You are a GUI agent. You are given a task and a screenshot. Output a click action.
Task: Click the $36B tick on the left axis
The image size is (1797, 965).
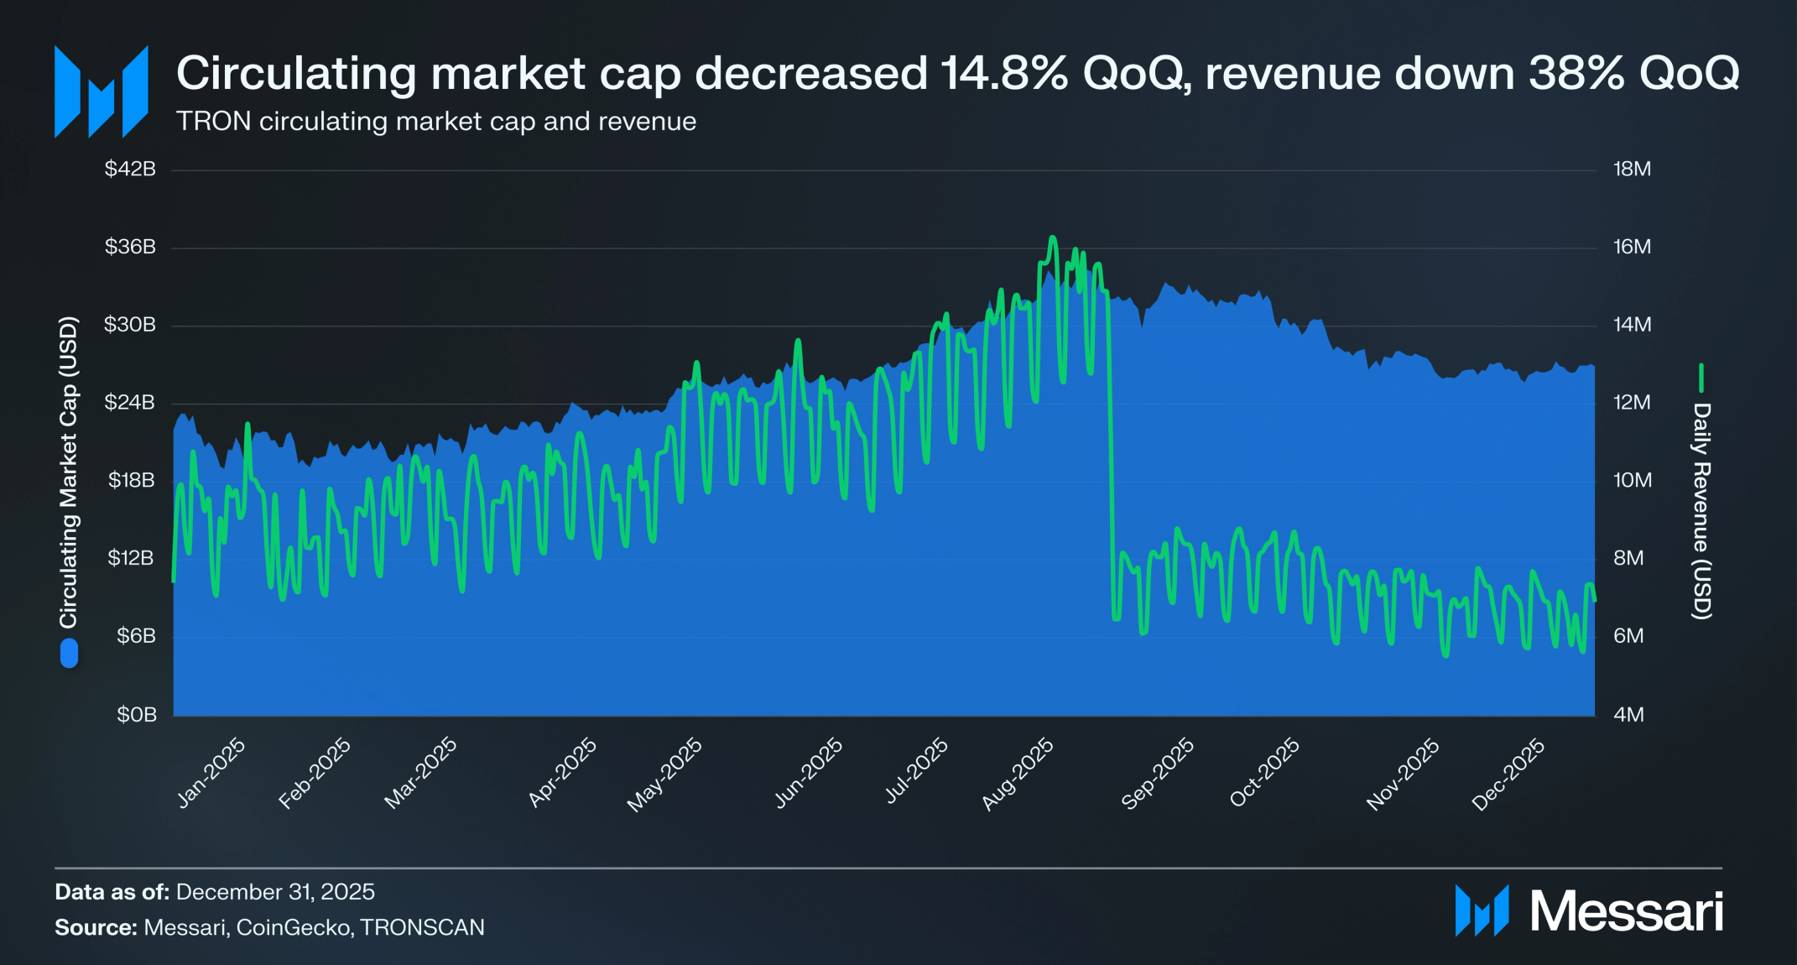(130, 247)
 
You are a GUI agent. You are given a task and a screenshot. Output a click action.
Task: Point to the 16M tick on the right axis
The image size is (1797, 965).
(1632, 247)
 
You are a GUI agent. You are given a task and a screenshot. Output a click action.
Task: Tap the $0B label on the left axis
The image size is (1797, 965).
(136, 715)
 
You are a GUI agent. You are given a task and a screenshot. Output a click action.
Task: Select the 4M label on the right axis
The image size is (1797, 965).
(1628, 715)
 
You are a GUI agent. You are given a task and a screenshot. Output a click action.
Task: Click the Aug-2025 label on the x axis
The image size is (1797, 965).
(1018, 775)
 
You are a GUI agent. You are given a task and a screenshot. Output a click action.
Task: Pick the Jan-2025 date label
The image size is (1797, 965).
(211, 773)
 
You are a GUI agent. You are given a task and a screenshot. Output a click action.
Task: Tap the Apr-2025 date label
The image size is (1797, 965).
(562, 773)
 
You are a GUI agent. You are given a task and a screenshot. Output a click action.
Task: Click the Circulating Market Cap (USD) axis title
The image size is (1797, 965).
(68, 472)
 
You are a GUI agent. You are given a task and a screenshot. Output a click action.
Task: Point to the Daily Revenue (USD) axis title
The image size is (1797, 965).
(1701, 510)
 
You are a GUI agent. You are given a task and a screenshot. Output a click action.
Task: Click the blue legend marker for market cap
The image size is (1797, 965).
(69, 654)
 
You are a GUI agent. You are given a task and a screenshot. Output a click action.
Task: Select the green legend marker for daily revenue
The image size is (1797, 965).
(1701, 378)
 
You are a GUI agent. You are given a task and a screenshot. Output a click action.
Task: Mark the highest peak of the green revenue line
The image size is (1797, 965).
(1053, 238)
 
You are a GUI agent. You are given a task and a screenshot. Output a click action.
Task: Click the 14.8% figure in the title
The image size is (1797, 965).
(1003, 73)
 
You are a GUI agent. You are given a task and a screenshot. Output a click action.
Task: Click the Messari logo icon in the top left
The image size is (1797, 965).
(102, 91)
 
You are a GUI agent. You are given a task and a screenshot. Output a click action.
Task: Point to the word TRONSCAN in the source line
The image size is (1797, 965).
(423, 927)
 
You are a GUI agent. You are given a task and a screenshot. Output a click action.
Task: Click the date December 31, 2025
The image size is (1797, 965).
(275, 891)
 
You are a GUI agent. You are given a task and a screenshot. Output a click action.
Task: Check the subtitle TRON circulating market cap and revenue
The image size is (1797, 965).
(436, 122)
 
